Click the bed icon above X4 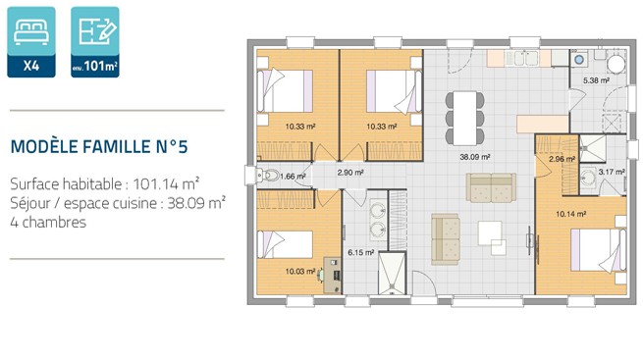pos(31,32)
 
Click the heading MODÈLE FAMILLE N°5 pos(99,146)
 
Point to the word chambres pos(54,223)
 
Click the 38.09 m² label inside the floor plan pos(475,157)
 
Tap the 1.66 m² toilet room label pos(293,177)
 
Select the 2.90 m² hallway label pos(350,173)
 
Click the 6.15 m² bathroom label pos(361,253)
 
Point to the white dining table pos(464,118)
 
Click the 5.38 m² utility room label pos(596,80)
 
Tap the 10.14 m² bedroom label pos(570,214)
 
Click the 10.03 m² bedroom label pos(300,271)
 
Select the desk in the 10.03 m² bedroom pos(332,276)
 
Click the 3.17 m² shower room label pos(612,172)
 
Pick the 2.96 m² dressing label pos(563,159)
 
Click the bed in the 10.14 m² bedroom pos(598,250)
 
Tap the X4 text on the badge pos(31,66)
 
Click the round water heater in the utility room pos(616,64)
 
